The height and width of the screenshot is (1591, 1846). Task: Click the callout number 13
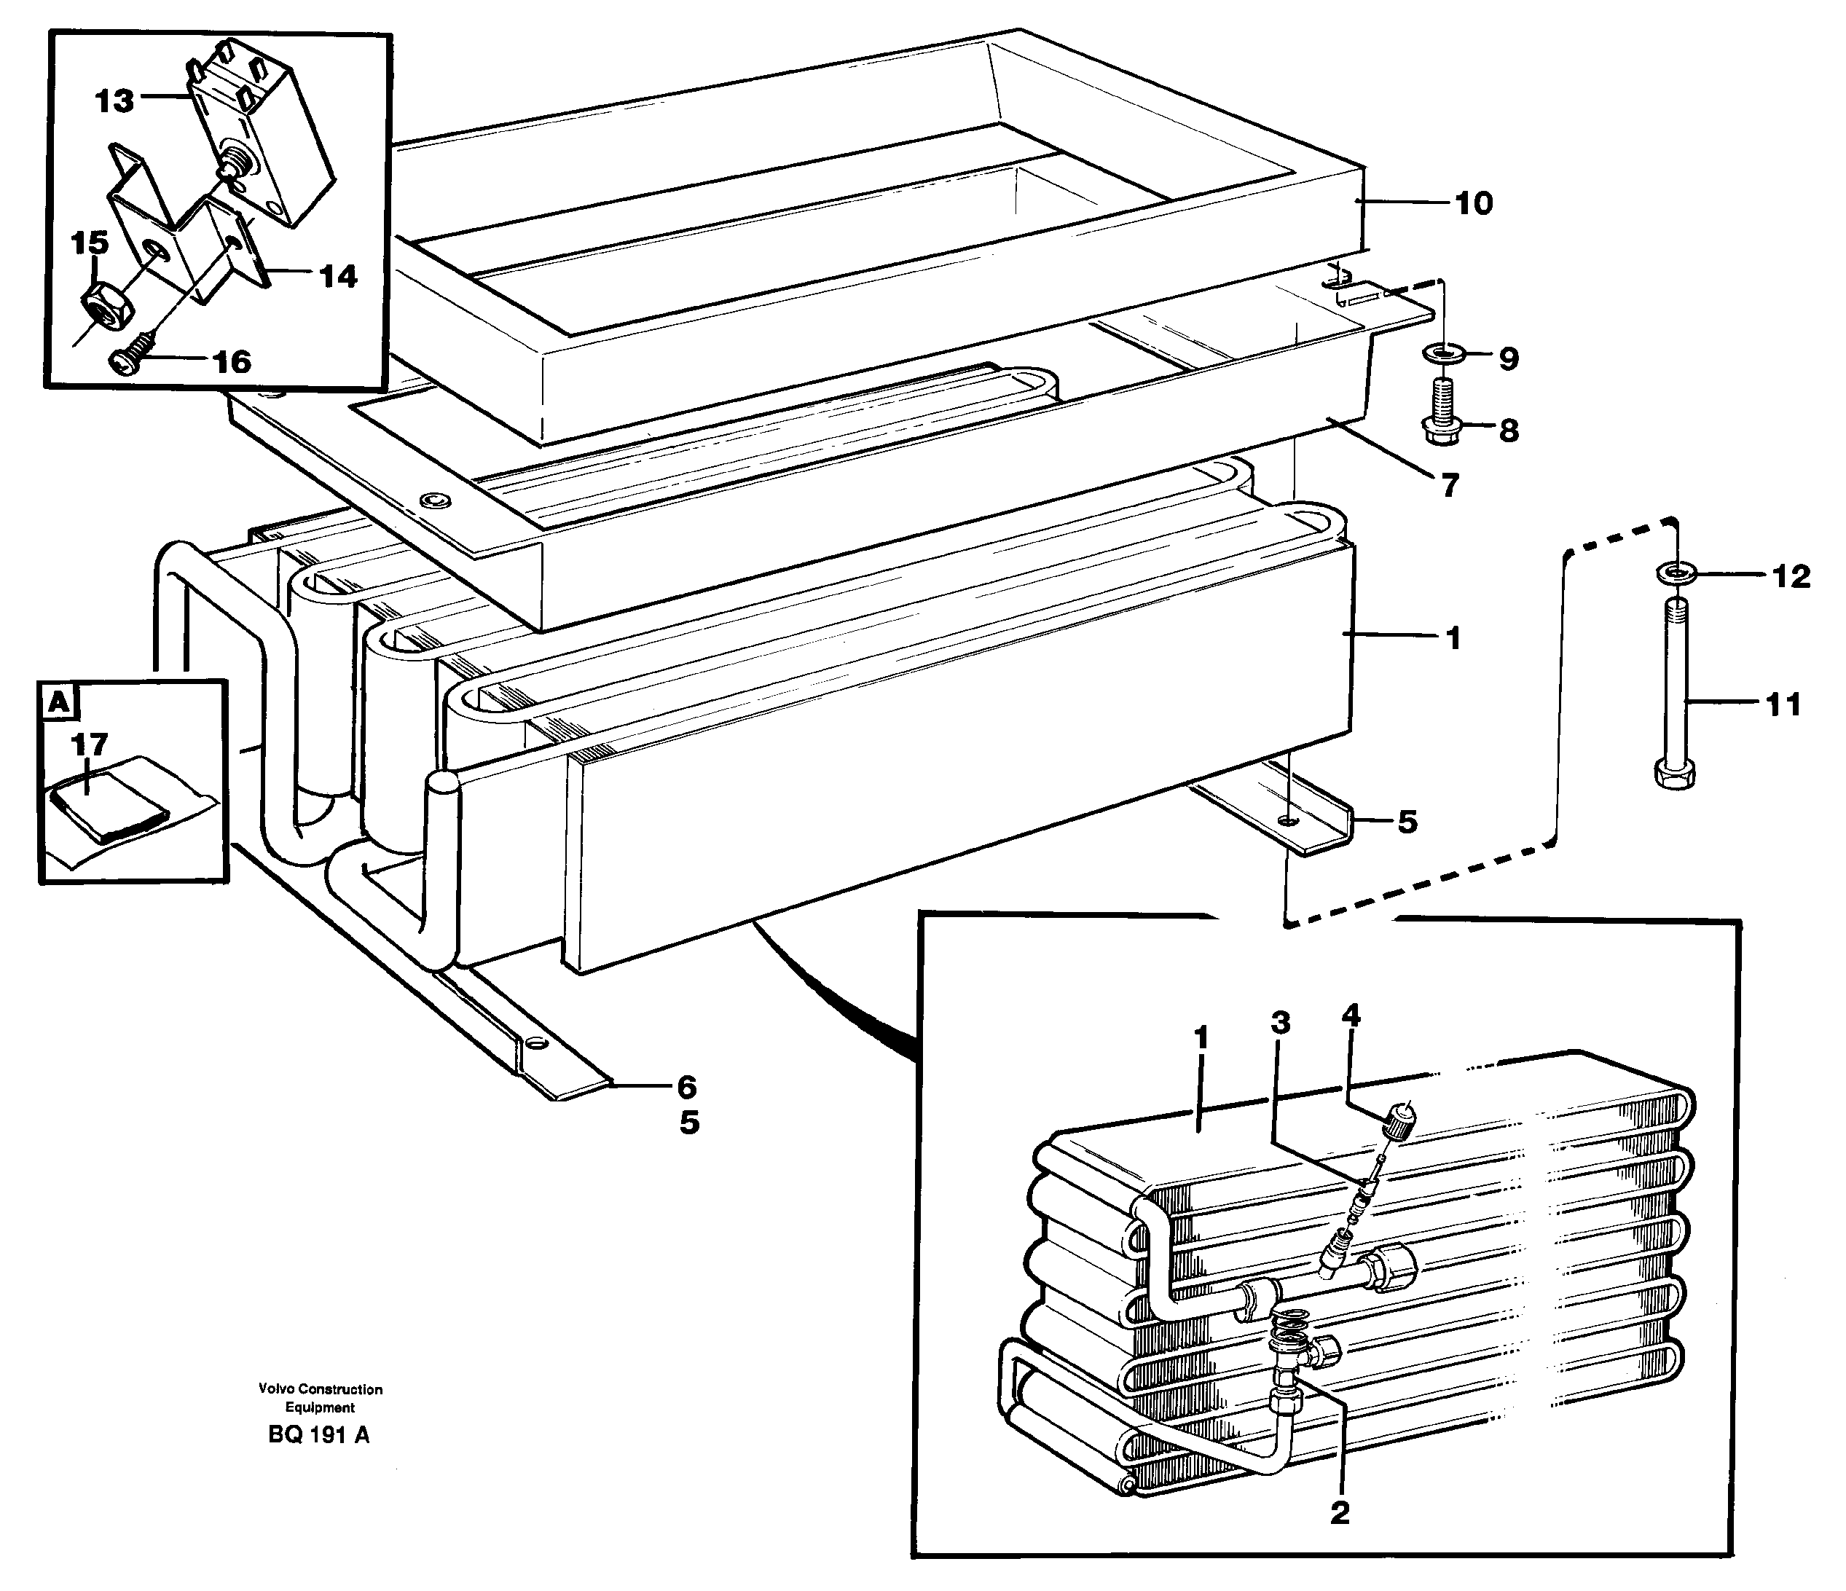click(115, 101)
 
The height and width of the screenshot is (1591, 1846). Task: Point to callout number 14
click(338, 276)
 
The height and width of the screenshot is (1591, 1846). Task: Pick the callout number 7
click(1450, 487)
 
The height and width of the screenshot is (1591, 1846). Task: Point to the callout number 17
click(90, 744)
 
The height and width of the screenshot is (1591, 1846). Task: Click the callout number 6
click(686, 1087)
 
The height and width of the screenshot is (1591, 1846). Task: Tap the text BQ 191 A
click(318, 1435)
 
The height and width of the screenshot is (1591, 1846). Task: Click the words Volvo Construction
click(320, 1388)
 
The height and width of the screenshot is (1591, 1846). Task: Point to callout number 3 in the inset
click(1279, 1023)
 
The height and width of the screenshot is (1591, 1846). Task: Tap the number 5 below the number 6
click(690, 1124)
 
